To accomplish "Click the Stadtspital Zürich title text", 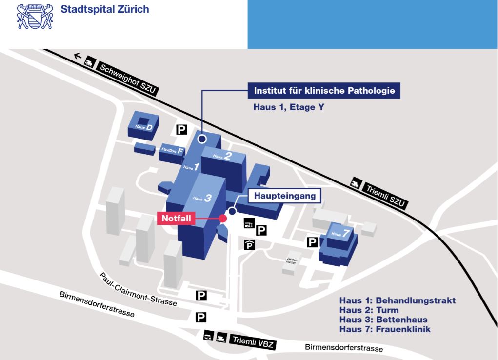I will [x=105, y=9].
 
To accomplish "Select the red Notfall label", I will [x=176, y=218].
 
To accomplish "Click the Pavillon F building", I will [x=171, y=152].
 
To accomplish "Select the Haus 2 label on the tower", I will [x=222, y=156].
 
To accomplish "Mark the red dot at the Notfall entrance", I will [x=223, y=219].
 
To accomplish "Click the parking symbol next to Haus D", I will [x=181, y=129].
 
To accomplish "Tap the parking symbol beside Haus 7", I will [x=312, y=241].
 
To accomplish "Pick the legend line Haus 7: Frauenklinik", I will [x=385, y=329].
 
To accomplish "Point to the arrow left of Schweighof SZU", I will [x=77, y=57].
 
